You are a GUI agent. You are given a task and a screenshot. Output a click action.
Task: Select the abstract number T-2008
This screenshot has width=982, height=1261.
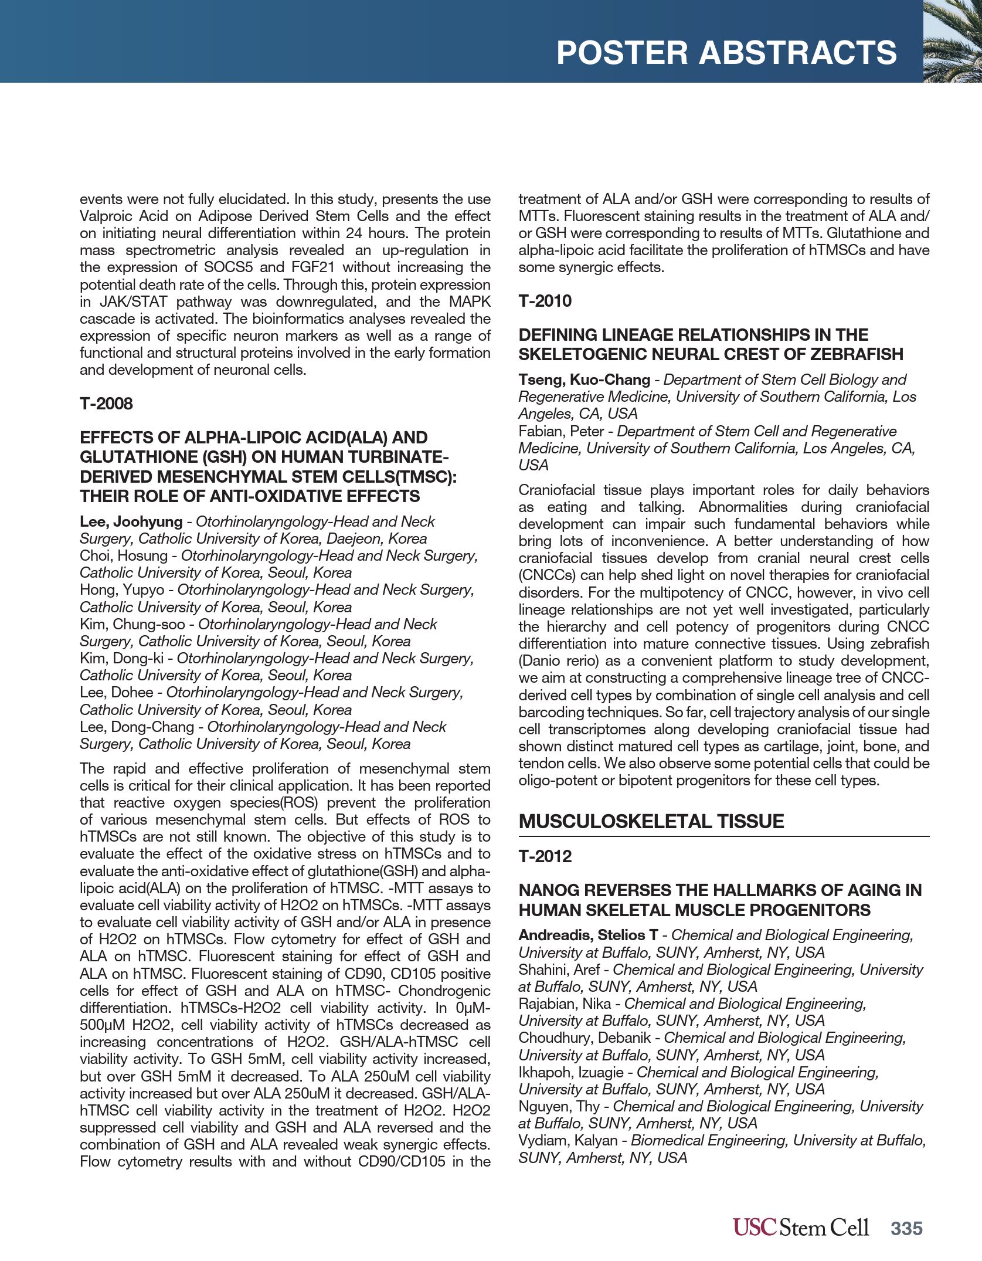click(x=106, y=404)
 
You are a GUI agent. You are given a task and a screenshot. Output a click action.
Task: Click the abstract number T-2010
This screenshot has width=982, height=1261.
click(x=545, y=301)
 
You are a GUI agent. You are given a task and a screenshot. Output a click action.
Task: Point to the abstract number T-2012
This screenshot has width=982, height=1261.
click(x=545, y=856)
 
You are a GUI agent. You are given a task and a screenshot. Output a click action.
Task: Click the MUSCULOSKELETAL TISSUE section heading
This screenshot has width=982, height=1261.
click(x=651, y=821)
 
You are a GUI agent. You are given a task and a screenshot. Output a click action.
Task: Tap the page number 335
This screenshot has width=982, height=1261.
click(x=906, y=1228)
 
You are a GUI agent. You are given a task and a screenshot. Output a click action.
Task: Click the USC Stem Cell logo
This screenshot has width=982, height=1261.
click(x=800, y=1228)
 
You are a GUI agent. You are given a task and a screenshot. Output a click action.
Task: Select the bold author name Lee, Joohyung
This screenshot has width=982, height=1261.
click(x=131, y=521)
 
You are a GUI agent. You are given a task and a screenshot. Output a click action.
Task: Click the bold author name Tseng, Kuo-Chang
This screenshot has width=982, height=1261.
click(x=584, y=379)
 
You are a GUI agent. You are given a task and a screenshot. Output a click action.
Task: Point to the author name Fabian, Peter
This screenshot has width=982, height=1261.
click(x=561, y=431)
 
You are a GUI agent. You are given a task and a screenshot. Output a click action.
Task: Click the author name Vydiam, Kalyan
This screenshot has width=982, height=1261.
click(x=568, y=1140)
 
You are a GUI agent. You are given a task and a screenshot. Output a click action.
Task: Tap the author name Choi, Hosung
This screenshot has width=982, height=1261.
click(x=123, y=555)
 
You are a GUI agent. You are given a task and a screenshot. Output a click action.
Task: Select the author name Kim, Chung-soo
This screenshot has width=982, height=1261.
click(x=132, y=624)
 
